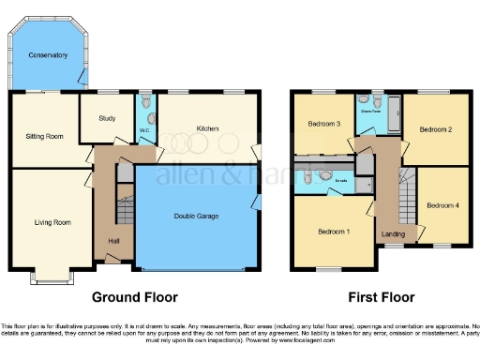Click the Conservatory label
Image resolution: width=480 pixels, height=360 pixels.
click(48, 55)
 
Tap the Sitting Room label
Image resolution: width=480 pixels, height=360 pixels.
click(43, 137)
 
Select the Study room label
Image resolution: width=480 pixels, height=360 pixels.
click(107, 118)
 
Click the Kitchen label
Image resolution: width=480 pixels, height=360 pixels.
click(207, 128)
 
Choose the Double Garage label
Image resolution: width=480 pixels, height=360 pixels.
click(196, 217)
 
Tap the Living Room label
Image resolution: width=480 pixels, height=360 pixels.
click(52, 222)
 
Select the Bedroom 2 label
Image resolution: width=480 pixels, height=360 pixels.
click(435, 128)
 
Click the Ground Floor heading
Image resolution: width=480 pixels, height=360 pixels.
click(134, 297)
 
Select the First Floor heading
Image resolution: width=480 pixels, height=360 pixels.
click(381, 297)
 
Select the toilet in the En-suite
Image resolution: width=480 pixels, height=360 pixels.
click(324, 174)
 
